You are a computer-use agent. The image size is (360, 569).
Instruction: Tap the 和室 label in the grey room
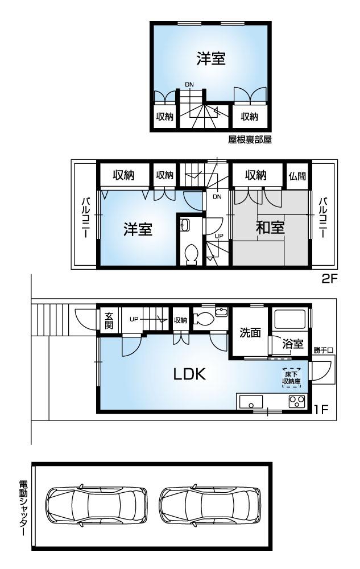[270, 228]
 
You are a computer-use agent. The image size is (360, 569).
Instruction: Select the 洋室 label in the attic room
[211, 59]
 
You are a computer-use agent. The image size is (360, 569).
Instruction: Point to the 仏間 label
[297, 176]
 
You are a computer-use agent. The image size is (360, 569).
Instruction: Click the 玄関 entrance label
[109, 321]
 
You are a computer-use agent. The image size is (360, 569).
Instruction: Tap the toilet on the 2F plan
[192, 253]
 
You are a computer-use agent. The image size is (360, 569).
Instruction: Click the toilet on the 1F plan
[204, 319]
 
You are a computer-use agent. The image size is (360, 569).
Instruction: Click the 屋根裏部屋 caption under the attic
[250, 140]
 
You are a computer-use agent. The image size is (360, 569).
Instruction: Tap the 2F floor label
[329, 279]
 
